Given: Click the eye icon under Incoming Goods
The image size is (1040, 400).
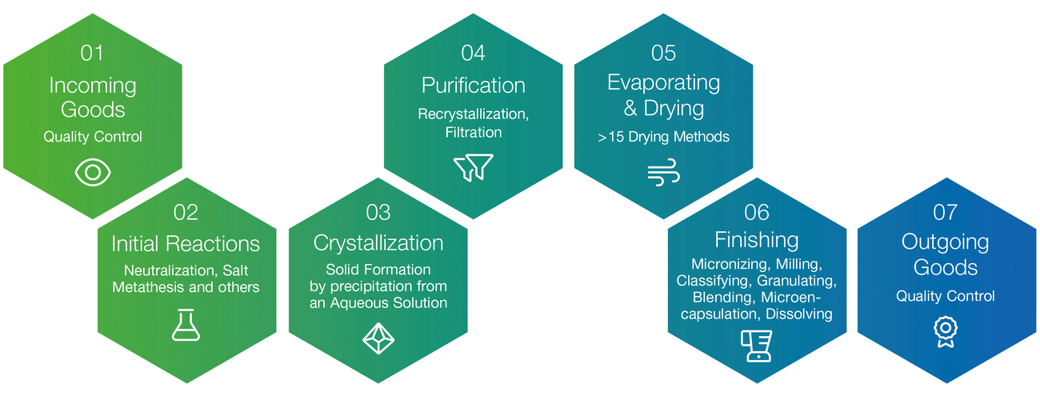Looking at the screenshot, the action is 93,172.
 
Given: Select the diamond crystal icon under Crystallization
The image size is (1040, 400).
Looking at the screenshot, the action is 378,338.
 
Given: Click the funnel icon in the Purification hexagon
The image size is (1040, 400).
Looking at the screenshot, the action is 473,167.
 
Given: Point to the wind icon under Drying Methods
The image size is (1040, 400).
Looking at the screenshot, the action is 663,172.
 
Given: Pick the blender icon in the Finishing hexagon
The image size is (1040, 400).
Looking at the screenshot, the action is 756,346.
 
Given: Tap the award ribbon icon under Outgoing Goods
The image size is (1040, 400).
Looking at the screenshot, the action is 946,331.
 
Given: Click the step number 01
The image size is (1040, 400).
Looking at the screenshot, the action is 92,53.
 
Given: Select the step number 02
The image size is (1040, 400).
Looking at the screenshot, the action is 186,213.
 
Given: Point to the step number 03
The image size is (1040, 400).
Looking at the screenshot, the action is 378,213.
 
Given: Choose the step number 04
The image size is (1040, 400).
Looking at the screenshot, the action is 473,53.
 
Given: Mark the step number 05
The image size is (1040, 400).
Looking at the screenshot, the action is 663,53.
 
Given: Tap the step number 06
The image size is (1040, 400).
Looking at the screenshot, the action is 757,213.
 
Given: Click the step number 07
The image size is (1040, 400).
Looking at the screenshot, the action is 946,213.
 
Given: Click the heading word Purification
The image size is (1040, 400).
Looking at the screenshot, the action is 473,86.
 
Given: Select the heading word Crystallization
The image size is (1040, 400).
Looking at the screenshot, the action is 378,243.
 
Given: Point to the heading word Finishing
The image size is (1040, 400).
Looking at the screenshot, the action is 757,240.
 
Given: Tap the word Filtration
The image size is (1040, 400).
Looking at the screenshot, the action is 474,133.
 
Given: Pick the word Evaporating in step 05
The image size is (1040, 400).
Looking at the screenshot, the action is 664,83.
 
